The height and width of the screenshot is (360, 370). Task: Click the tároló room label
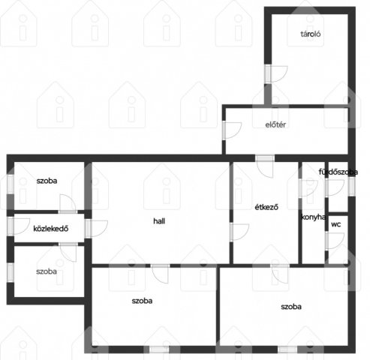(x=310, y=34)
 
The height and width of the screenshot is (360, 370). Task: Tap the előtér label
(x=275, y=124)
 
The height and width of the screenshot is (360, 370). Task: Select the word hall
(x=159, y=221)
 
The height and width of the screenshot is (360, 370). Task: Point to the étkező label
(x=266, y=207)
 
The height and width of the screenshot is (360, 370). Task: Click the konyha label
(x=313, y=217)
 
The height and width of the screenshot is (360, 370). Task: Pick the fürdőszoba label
(x=338, y=172)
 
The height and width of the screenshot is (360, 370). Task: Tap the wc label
(x=336, y=224)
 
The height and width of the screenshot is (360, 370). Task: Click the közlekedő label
(x=51, y=229)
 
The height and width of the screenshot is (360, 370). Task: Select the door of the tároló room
(x=276, y=74)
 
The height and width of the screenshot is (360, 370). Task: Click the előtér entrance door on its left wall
(x=232, y=130)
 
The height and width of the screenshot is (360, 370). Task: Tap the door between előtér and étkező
(x=265, y=166)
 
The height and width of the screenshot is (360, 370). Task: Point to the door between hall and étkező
(x=239, y=232)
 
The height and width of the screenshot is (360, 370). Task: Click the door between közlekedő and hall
(x=96, y=228)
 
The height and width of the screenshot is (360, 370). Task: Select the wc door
(x=335, y=241)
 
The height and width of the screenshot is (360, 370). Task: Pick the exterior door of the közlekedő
(x=19, y=226)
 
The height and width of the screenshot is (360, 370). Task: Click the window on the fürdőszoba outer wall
(x=352, y=187)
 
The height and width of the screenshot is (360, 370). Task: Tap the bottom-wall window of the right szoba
(x=287, y=349)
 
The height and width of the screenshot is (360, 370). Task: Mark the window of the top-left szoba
(x=11, y=184)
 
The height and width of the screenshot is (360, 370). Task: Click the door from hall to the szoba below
(x=160, y=274)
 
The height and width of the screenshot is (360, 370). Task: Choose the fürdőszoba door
(x=335, y=187)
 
